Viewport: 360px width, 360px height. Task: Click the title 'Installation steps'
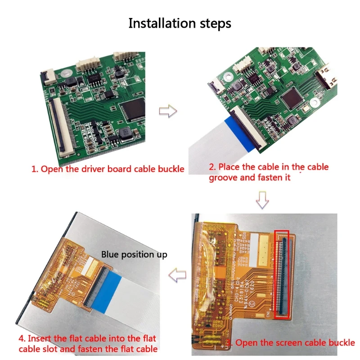[x=180, y=23]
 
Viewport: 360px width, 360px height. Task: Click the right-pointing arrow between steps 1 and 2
[x=168, y=112]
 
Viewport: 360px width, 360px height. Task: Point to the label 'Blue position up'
[x=134, y=255]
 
